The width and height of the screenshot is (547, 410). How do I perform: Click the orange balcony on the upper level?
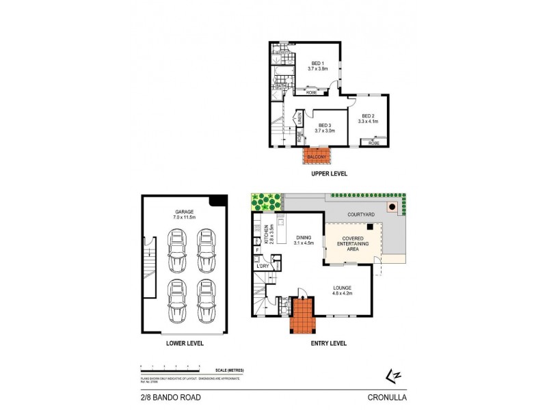click(317, 156)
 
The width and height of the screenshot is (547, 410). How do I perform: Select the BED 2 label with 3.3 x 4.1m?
click(369, 118)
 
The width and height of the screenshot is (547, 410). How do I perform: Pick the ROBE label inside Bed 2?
click(373, 143)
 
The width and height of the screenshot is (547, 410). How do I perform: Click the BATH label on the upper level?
click(280, 86)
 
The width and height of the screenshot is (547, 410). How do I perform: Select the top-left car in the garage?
click(177, 245)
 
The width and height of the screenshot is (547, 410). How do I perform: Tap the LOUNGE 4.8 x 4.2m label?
click(342, 290)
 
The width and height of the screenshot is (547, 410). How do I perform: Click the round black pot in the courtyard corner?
click(392, 207)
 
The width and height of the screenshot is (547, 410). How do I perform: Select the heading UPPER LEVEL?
click(330, 174)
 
